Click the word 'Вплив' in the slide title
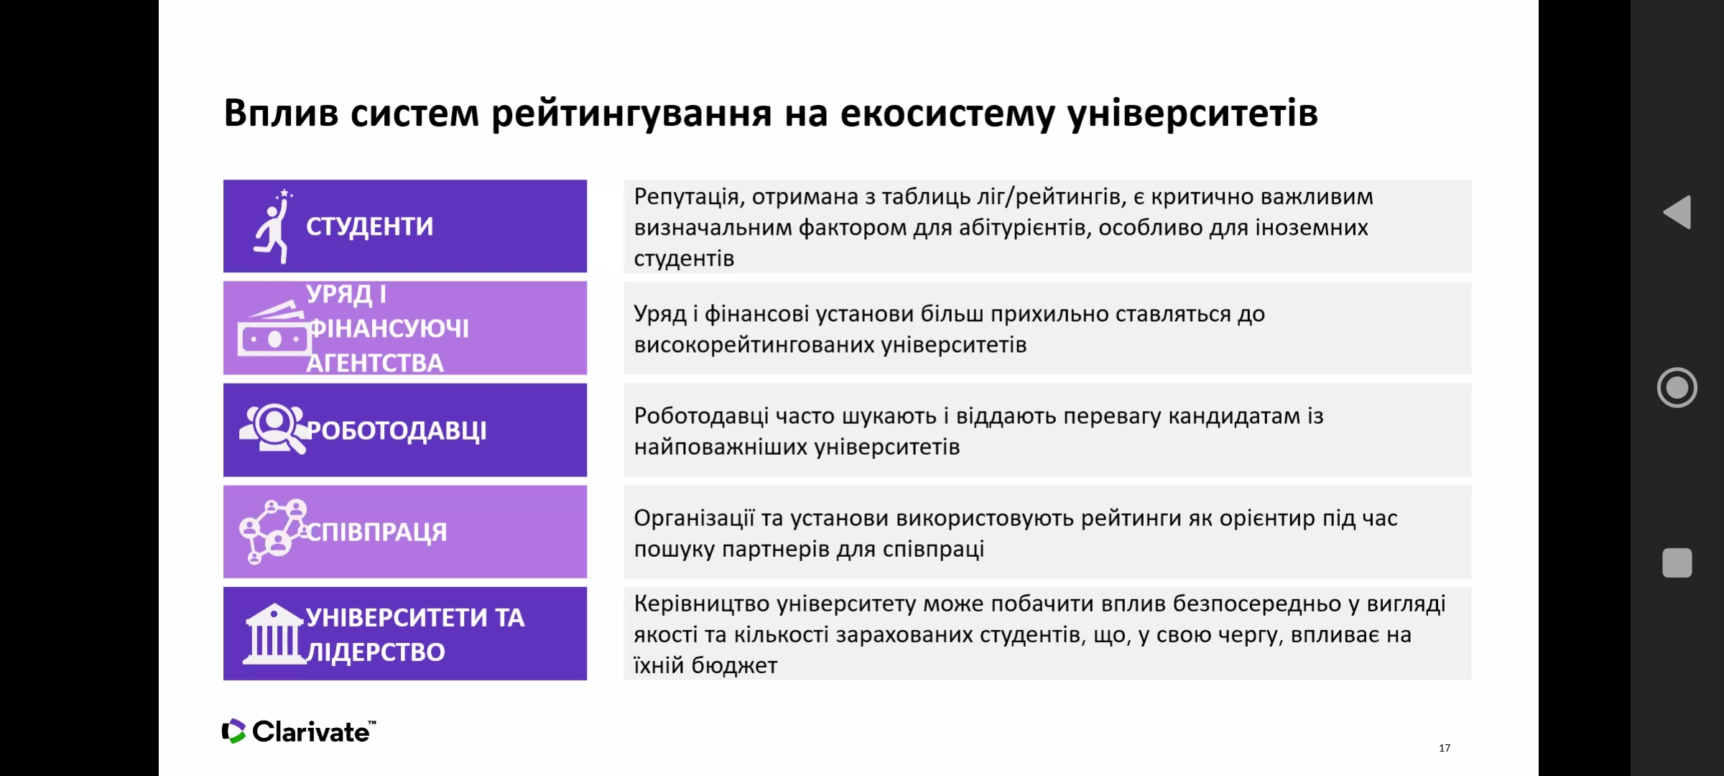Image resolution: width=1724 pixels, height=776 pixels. pyautogui.click(x=281, y=113)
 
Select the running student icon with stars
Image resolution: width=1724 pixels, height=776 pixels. pyautogui.click(x=274, y=226)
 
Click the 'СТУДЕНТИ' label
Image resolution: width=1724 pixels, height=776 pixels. pyautogui.click(x=370, y=226)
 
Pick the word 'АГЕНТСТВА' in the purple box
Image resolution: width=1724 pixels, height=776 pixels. pyautogui.click(x=375, y=363)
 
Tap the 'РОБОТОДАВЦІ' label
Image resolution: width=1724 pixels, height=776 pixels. pyautogui.click(x=397, y=430)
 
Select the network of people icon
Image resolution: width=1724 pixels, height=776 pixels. pyautogui.click(x=274, y=531)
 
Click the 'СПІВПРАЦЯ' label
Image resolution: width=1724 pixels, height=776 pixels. pyautogui.click(x=377, y=532)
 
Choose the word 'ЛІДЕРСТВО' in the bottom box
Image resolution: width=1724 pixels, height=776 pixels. pyautogui.click(x=376, y=652)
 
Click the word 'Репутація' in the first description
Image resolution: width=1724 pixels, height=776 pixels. pyautogui.click(x=687, y=198)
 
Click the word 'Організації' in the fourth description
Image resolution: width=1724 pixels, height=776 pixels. pyautogui.click(x=694, y=518)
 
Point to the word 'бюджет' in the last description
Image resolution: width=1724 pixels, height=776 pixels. pyautogui.click(x=734, y=665)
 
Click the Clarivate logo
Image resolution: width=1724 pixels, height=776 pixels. pyautogui.click(x=299, y=731)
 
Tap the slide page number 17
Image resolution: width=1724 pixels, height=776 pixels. pyautogui.click(x=1445, y=748)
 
